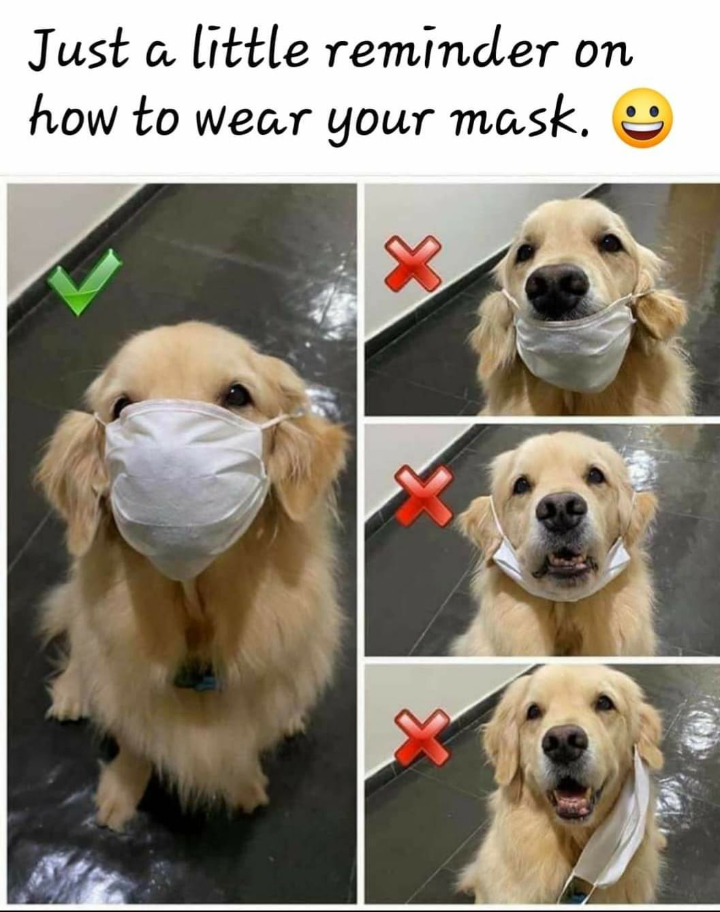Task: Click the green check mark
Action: tap(84, 282)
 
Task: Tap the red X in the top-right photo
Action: tap(413, 264)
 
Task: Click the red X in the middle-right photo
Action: tap(424, 495)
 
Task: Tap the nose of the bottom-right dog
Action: tap(565, 743)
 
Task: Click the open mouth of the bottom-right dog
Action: tap(574, 797)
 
